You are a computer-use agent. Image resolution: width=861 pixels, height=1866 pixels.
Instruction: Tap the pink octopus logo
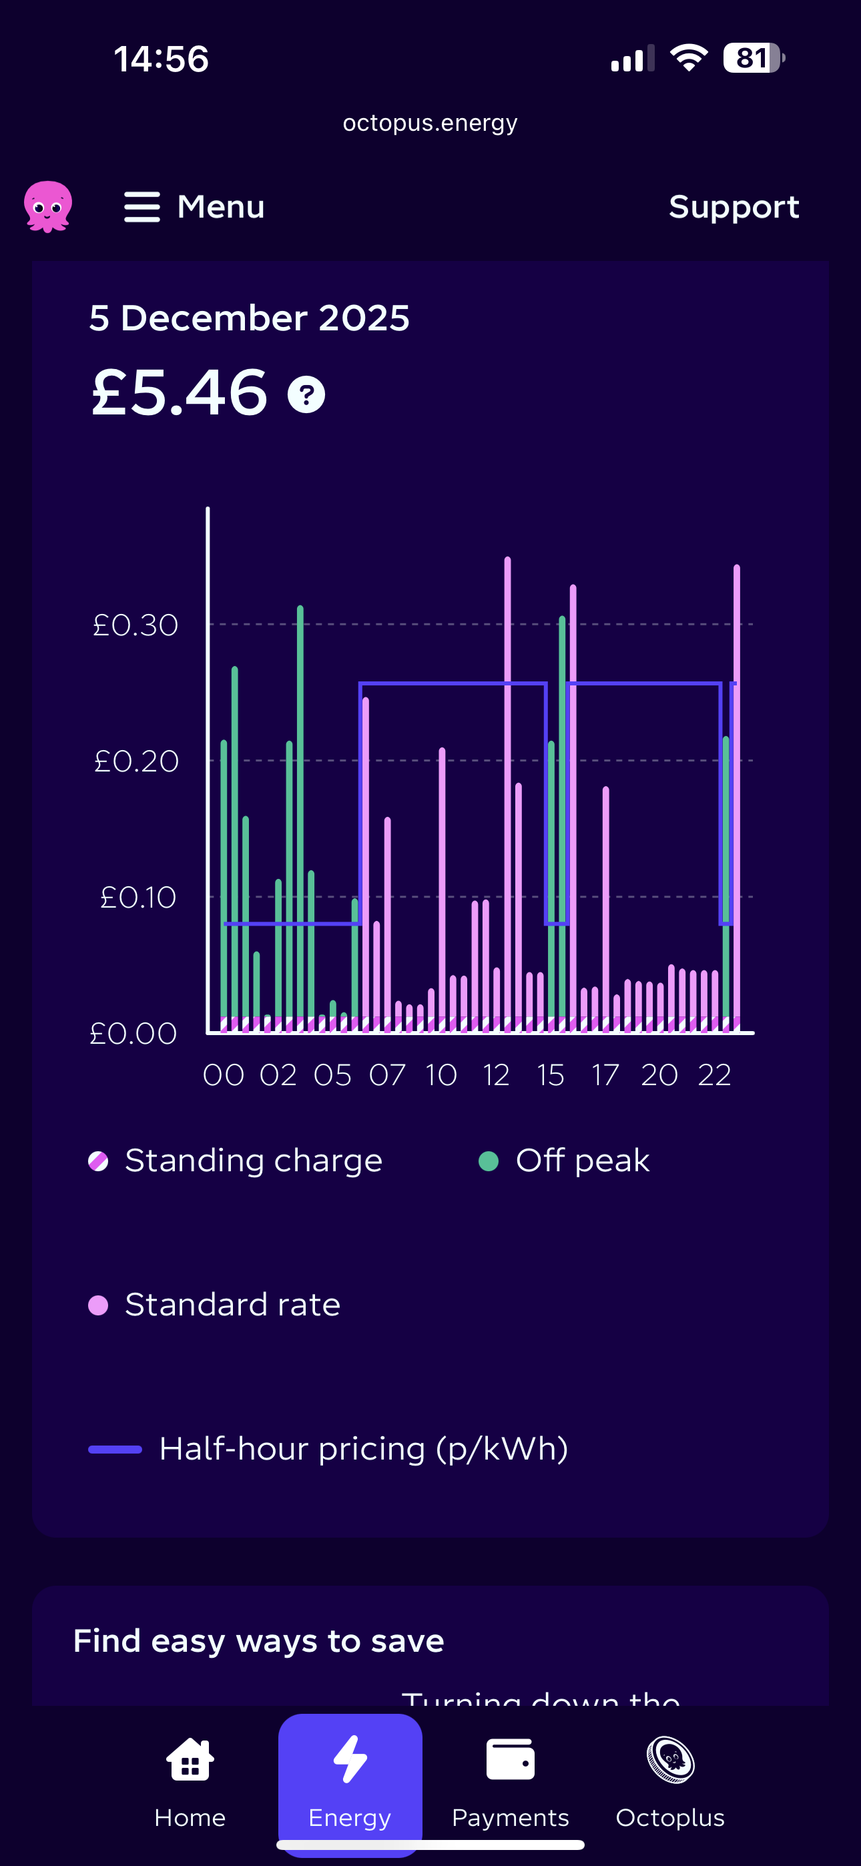(48, 206)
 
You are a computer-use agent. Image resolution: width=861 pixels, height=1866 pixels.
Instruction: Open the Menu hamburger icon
(142, 207)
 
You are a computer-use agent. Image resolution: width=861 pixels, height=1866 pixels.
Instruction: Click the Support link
(734, 207)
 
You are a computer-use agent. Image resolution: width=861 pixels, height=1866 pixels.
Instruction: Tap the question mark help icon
(306, 395)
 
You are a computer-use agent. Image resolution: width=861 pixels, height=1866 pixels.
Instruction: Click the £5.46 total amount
(180, 392)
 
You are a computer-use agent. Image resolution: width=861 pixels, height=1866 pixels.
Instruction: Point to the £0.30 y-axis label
(135, 625)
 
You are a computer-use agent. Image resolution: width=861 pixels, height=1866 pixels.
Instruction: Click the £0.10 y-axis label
(138, 898)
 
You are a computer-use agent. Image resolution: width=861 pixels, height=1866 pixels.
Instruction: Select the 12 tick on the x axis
(497, 1075)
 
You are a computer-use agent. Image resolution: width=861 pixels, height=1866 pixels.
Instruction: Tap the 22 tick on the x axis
(714, 1075)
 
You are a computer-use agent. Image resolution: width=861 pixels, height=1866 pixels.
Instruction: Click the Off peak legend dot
(489, 1161)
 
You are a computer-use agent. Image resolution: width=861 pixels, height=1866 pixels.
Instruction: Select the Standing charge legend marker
(99, 1161)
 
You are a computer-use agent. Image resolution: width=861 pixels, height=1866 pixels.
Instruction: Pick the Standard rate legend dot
(99, 1305)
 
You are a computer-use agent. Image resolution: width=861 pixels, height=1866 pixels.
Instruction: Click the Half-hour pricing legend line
(115, 1450)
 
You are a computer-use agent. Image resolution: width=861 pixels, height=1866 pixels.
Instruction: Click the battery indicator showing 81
(753, 58)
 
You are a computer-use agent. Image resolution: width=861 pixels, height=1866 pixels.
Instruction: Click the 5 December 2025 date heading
(250, 318)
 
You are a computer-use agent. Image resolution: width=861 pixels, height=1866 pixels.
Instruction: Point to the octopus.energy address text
(430, 123)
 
